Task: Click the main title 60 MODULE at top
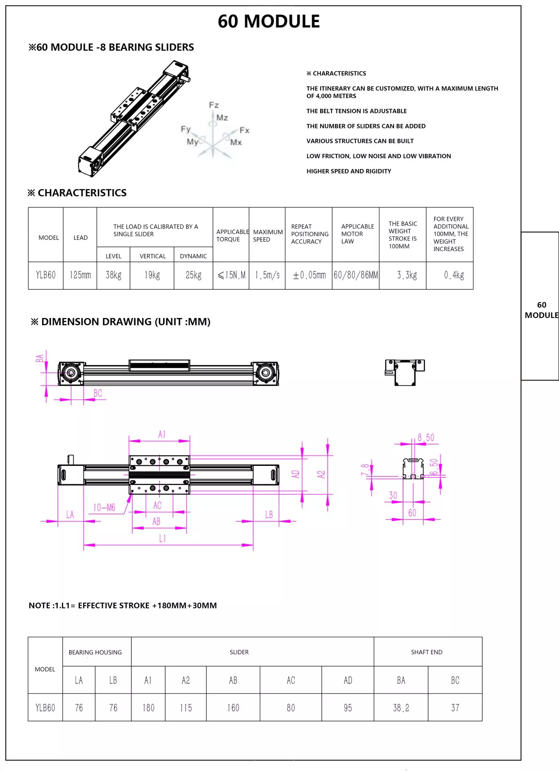click(x=269, y=21)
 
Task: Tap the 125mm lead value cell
click(x=80, y=275)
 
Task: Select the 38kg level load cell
click(x=114, y=275)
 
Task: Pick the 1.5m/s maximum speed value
click(x=267, y=275)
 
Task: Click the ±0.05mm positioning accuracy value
click(x=309, y=275)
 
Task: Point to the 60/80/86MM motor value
click(x=356, y=275)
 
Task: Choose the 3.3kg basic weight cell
click(x=407, y=275)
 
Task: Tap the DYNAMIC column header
click(x=193, y=256)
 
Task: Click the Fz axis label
click(x=214, y=105)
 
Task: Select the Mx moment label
click(x=236, y=143)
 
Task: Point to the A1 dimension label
click(x=162, y=434)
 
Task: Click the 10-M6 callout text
click(x=104, y=508)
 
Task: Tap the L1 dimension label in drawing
click(x=162, y=538)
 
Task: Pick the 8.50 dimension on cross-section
click(x=426, y=437)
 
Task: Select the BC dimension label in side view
click(x=98, y=393)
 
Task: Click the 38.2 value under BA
click(x=401, y=708)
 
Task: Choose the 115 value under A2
click(x=186, y=708)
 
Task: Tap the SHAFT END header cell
click(x=426, y=652)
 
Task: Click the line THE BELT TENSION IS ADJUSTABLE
click(x=357, y=111)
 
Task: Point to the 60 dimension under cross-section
click(x=412, y=513)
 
